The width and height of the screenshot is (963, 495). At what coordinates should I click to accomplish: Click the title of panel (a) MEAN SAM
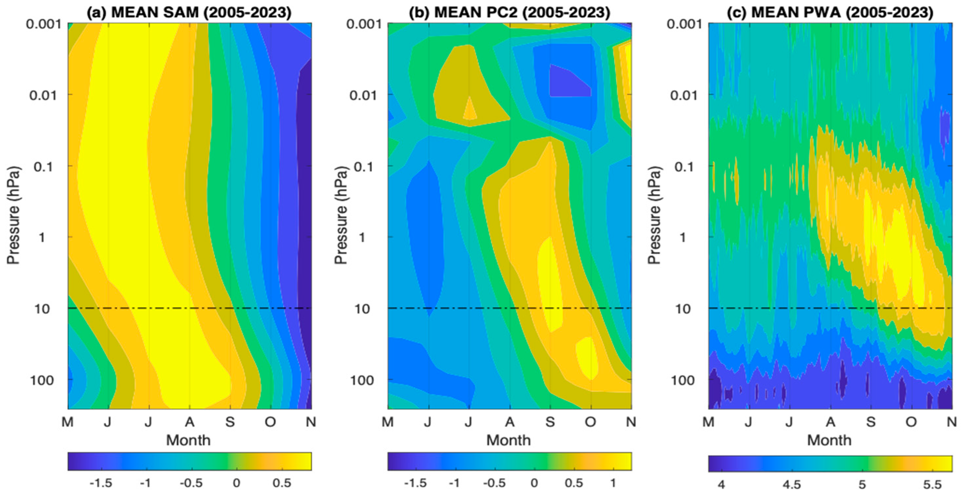click(x=189, y=12)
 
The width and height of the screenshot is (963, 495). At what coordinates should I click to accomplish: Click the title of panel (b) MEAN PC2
click(x=509, y=12)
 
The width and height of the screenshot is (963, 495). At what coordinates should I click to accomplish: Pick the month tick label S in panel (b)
click(x=550, y=422)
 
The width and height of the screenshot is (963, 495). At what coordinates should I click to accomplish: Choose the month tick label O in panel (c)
click(x=911, y=422)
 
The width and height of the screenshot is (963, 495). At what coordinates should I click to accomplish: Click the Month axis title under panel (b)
click(x=508, y=440)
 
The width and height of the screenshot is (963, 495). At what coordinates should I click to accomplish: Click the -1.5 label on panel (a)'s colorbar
click(x=101, y=484)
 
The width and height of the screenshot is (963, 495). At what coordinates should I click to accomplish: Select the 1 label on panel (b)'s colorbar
click(x=613, y=484)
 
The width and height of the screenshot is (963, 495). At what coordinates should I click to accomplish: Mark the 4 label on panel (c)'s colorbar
click(x=721, y=485)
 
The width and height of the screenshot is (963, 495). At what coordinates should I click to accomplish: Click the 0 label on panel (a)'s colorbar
click(x=236, y=484)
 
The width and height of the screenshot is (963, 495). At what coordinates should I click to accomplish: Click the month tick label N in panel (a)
click(x=310, y=422)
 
